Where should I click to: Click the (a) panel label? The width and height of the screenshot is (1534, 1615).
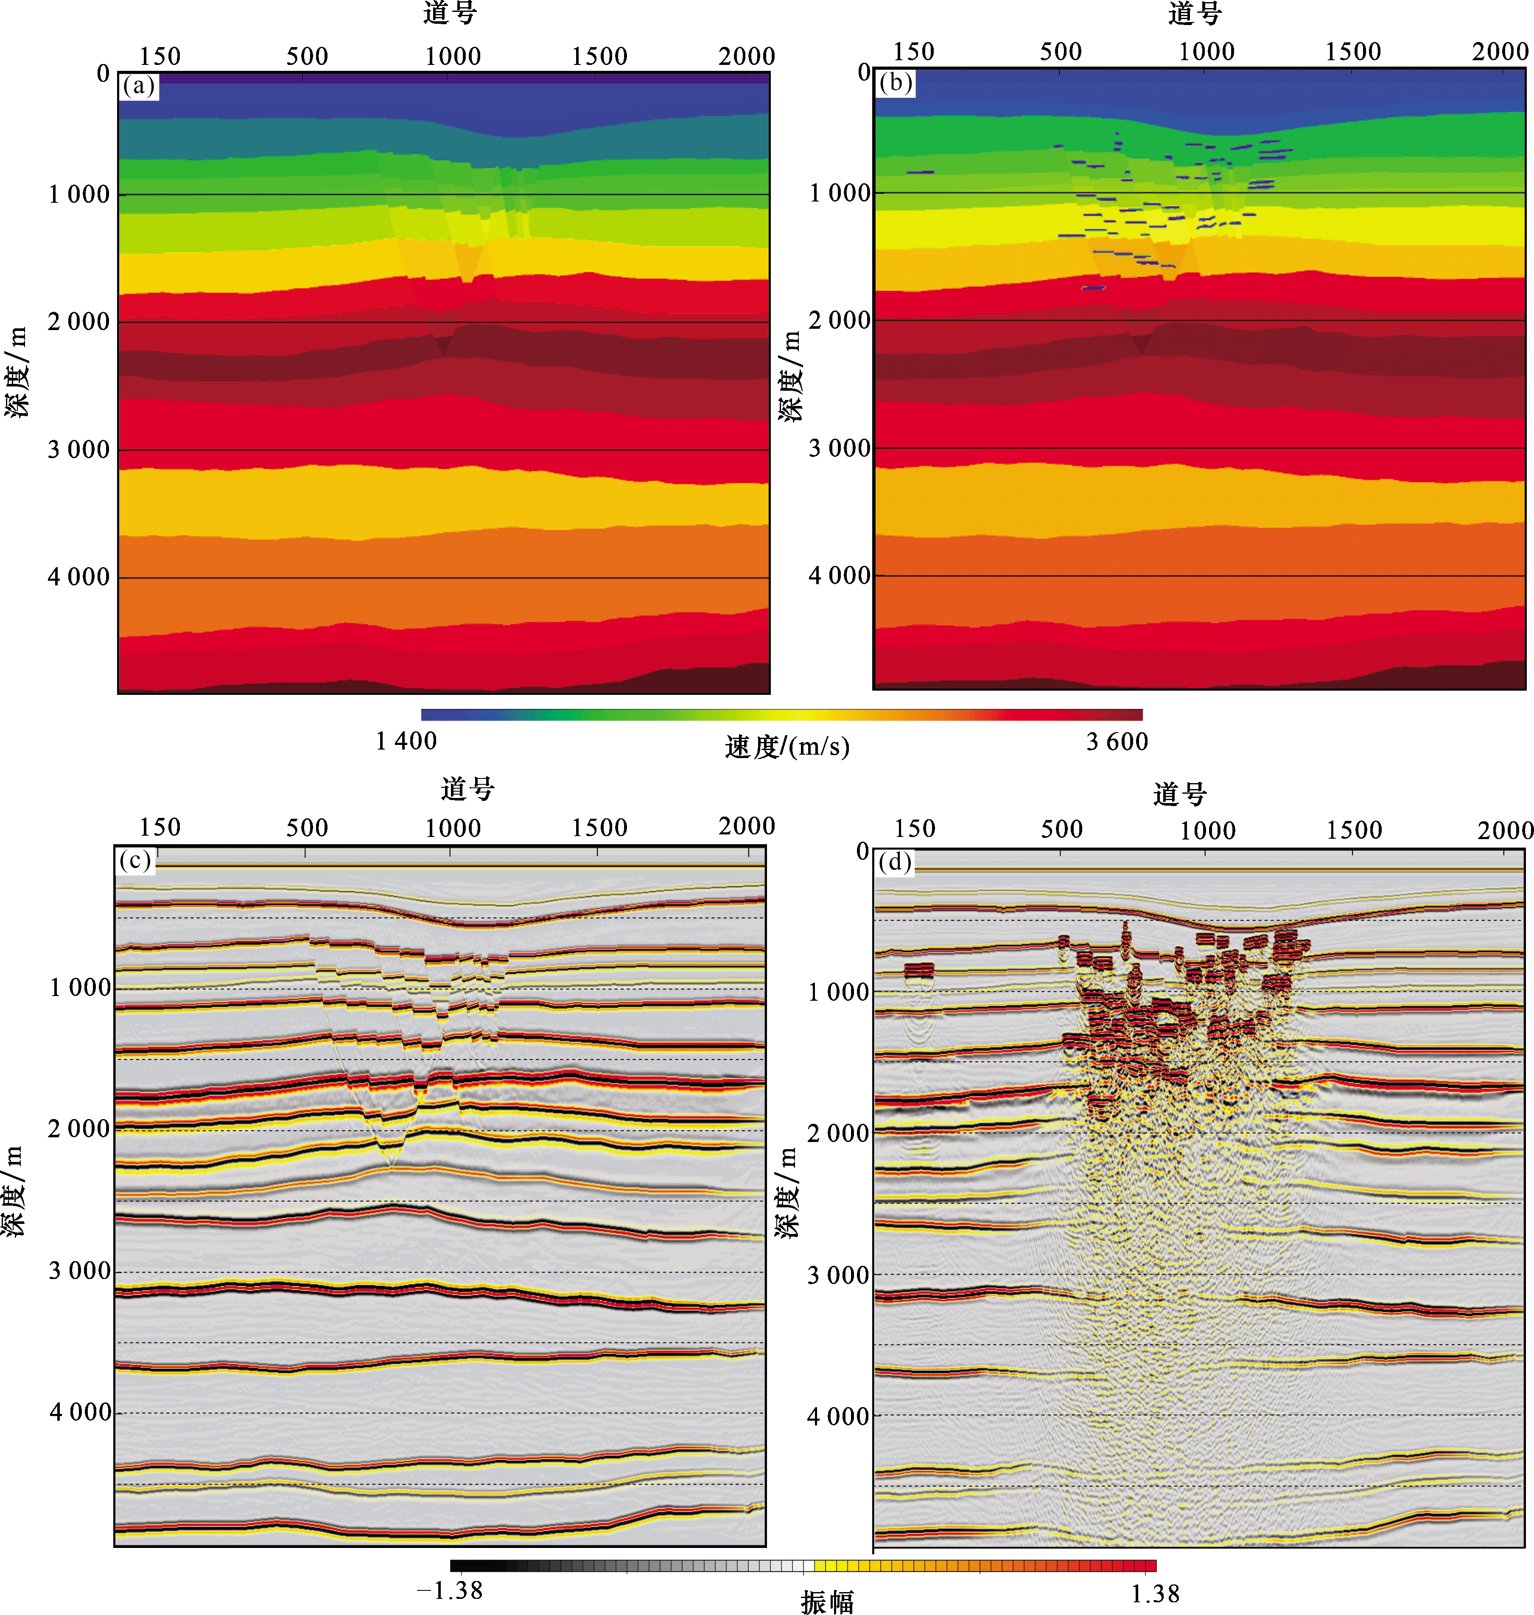coord(138,86)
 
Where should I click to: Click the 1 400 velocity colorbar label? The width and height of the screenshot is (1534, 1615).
coord(406,741)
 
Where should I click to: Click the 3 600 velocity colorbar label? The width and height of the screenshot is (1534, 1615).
coord(1117,742)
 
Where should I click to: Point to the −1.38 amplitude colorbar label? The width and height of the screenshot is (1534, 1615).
coord(450,1590)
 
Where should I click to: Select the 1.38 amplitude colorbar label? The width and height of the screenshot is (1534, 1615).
coord(1155,1593)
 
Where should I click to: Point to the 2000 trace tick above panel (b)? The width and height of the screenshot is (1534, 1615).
coord(1500,51)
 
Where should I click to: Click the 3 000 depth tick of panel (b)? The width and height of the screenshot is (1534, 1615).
coord(840,448)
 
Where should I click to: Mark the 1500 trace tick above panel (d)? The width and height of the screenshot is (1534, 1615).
coord(1353,830)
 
